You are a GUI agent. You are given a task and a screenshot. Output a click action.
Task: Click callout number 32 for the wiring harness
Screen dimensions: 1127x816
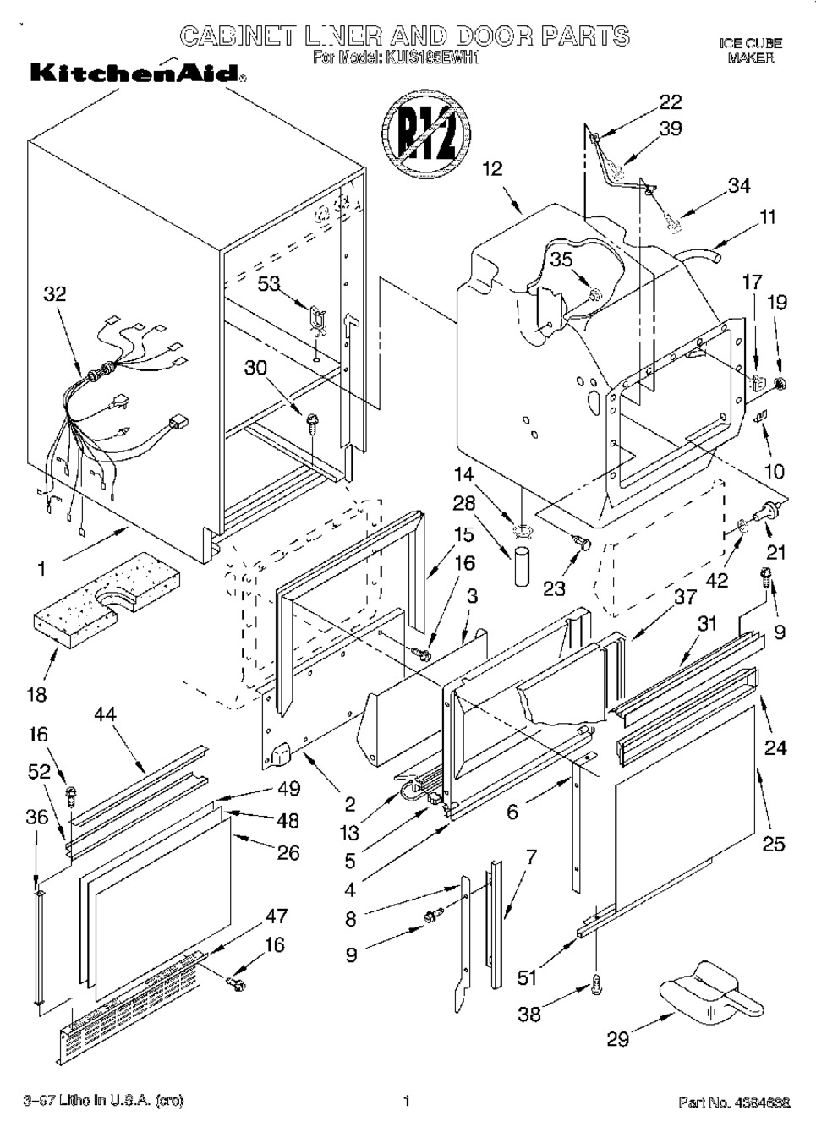(54, 294)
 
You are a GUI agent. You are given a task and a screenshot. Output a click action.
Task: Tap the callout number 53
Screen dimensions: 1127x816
(269, 284)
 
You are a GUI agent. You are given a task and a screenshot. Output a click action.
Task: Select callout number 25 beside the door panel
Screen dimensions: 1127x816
(773, 843)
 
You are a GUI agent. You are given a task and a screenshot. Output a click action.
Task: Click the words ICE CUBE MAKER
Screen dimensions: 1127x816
(750, 50)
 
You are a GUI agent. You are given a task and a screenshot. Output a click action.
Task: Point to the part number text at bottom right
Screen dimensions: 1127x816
(735, 1102)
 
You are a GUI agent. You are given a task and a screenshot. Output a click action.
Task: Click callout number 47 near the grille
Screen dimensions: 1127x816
(276, 916)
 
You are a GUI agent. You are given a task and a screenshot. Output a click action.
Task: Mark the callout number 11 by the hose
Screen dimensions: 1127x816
(767, 216)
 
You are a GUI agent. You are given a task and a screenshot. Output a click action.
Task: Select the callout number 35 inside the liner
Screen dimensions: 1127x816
(561, 260)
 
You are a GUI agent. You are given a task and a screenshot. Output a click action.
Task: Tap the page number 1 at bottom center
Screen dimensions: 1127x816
(406, 1101)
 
